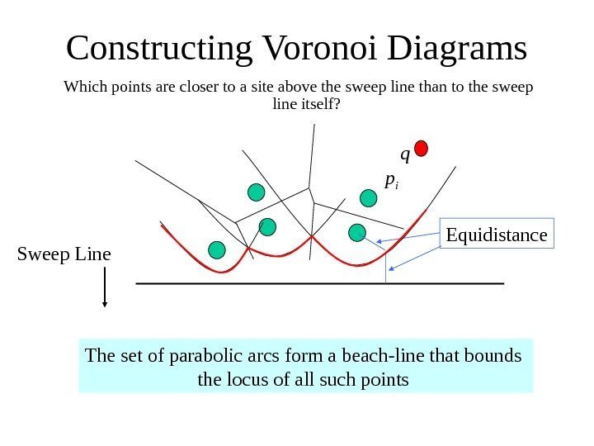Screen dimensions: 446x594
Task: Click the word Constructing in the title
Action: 158,49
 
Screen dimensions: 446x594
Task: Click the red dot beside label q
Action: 422,148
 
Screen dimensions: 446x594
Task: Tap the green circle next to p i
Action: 369,197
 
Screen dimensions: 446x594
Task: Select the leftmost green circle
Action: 217,249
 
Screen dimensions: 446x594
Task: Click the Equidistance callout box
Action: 497,235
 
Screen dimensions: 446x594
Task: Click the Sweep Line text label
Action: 64,254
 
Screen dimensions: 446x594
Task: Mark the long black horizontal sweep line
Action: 318,283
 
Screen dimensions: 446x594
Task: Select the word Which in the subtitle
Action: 82,87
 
